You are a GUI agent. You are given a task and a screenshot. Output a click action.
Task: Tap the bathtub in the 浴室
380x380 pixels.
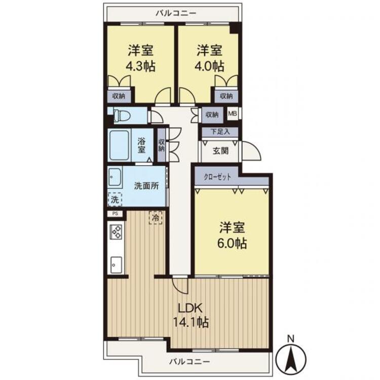coord(119,145)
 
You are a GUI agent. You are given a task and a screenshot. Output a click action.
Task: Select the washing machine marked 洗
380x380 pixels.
coord(115,199)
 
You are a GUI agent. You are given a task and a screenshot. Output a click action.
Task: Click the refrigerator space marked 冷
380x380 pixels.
coord(156,218)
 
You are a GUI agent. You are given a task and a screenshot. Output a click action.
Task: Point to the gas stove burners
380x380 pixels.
coord(117,232)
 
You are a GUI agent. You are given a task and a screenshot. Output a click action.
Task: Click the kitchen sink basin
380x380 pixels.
coord(117,264)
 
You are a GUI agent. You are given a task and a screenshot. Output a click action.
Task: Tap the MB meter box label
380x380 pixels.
coord(233,113)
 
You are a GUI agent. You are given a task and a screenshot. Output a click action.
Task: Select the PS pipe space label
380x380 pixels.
coord(116,213)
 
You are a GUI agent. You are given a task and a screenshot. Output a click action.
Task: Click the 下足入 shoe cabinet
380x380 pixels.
coord(220,132)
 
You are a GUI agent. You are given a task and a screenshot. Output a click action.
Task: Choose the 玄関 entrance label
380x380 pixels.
coord(220,150)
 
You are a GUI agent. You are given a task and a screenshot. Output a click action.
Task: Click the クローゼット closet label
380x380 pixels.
coord(217,177)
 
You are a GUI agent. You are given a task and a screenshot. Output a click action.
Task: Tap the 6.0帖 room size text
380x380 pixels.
coord(232,243)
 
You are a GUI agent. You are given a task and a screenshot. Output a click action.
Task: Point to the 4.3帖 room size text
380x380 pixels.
coord(140,66)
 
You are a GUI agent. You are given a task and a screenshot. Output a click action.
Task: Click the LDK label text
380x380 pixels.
coord(190,309)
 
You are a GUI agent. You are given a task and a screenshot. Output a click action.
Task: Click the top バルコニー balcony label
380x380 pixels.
coord(176,13)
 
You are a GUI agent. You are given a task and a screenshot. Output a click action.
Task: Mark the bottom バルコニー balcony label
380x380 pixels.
coord(189,362)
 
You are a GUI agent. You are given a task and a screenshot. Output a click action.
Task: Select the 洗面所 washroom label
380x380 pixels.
coord(146,185)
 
